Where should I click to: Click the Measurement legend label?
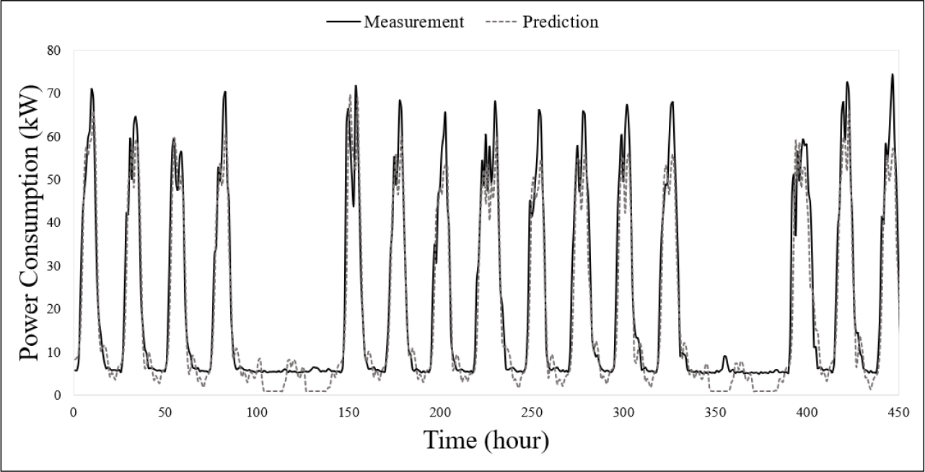pos(413,22)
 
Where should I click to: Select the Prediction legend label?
pos(561,22)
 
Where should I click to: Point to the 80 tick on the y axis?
pos(54,50)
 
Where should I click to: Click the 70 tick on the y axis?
pos(54,94)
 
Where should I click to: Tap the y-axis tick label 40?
pos(54,223)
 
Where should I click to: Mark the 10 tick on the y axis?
pos(54,352)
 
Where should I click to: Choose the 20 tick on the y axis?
pos(54,309)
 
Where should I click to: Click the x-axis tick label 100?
pos(257,411)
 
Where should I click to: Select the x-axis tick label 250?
pos(532,411)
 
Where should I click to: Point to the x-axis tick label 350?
pos(715,411)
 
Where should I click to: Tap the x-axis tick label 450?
pos(898,411)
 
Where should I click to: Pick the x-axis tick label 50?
pos(165,411)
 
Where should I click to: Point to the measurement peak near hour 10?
pos(92,89)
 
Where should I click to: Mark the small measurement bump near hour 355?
pos(724,356)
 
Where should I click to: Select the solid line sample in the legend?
pos(343,22)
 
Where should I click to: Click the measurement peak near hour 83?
pos(225,92)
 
